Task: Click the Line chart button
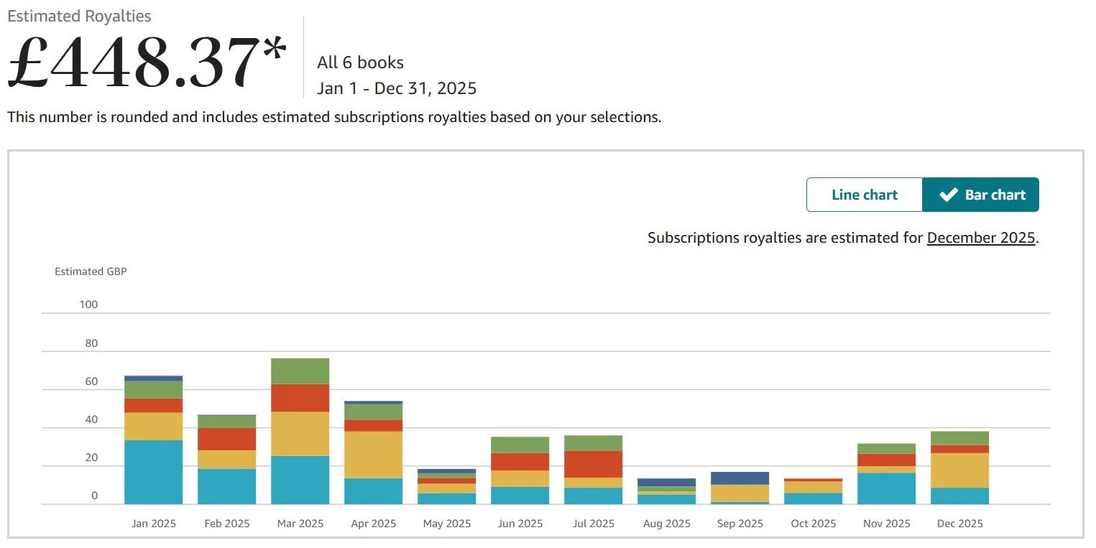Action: click(x=864, y=195)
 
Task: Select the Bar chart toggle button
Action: click(x=981, y=195)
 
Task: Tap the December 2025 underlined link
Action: click(x=981, y=238)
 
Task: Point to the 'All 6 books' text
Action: click(x=360, y=62)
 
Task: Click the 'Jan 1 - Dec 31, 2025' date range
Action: click(x=397, y=88)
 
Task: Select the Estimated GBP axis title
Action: click(x=91, y=271)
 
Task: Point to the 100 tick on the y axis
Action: click(x=88, y=305)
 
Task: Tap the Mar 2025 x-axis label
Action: click(x=300, y=524)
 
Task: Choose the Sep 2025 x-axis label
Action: click(x=740, y=524)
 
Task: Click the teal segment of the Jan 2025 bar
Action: click(x=153, y=472)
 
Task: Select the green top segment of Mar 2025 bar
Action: click(x=300, y=371)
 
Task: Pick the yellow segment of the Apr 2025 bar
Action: click(x=373, y=454)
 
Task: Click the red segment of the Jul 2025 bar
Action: click(x=593, y=464)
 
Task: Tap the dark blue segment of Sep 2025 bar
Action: click(x=740, y=478)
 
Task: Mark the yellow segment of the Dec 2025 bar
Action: click(x=959, y=470)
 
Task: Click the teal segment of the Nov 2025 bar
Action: click(x=886, y=488)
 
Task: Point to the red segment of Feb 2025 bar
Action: click(x=226, y=439)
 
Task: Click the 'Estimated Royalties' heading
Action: click(x=79, y=16)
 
